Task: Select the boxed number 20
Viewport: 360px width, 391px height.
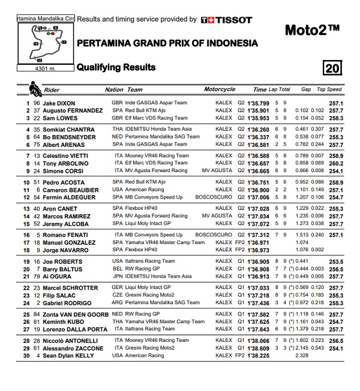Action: tap(331, 68)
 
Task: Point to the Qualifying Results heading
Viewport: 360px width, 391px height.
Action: tap(116, 67)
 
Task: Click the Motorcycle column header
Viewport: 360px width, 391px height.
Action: tap(220, 89)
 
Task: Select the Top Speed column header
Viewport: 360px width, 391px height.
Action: tap(329, 89)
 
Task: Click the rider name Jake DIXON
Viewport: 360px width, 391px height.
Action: tap(59, 103)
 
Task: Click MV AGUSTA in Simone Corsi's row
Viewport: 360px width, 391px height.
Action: tap(217, 171)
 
